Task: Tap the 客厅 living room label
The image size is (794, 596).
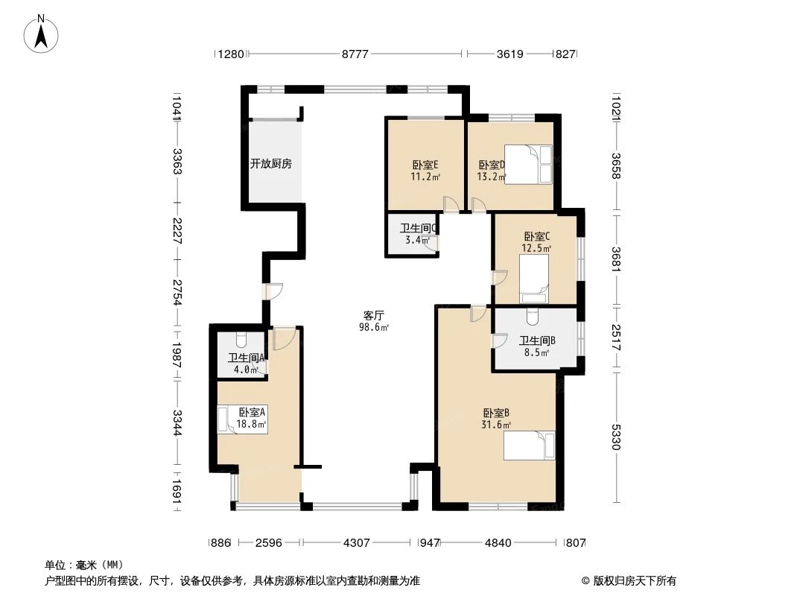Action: [373, 315]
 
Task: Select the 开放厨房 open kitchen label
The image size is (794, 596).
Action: [270, 164]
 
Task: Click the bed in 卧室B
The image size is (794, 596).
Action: [530, 446]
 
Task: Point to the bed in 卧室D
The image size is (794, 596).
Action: [528, 164]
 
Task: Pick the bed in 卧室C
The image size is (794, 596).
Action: [533, 279]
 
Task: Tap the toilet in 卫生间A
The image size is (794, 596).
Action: [241, 340]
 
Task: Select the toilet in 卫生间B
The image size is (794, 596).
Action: [531, 318]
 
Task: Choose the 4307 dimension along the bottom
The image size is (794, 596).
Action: [357, 543]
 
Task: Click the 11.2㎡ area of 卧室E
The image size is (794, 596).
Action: [425, 177]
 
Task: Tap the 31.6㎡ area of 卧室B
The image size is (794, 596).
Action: [496, 425]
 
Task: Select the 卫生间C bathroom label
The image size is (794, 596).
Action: [418, 229]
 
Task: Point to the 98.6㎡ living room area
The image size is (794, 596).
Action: [374, 326]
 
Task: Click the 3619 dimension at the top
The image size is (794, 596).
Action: [510, 54]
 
